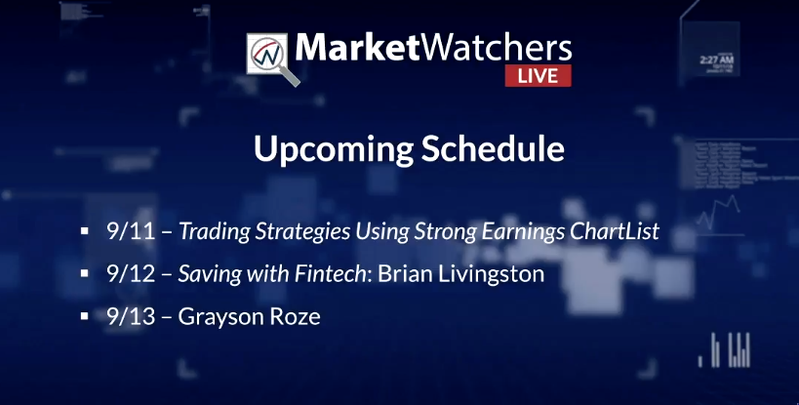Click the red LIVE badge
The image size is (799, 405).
pyautogui.click(x=539, y=75)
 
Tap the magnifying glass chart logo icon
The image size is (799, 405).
pyautogui.click(x=272, y=59)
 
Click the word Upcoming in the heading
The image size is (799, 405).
pyautogui.click(x=334, y=149)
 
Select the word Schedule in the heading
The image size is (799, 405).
pyautogui.click(x=493, y=148)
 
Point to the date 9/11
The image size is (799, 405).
pyautogui.click(x=131, y=231)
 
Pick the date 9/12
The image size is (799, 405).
pyautogui.click(x=131, y=274)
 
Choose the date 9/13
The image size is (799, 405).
pyautogui.click(x=131, y=316)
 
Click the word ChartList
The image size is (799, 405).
pyautogui.click(x=615, y=231)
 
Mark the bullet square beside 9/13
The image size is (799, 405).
pyautogui.click(x=85, y=317)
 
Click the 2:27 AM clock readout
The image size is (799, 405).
pyautogui.click(x=716, y=61)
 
